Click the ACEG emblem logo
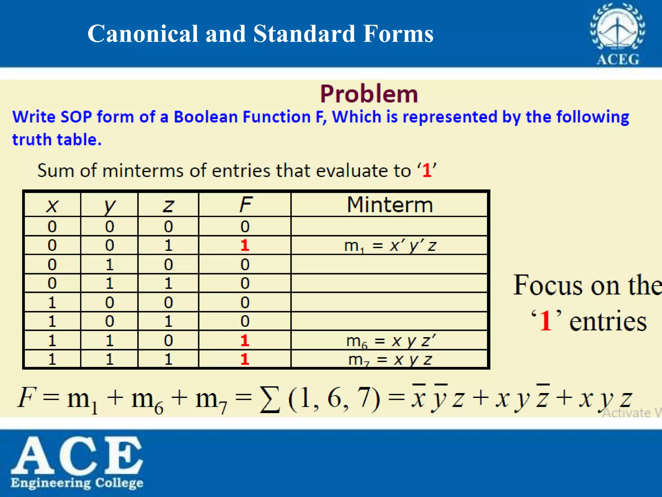(x=617, y=34)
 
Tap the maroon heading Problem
(x=369, y=94)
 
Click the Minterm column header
(x=390, y=204)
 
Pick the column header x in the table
(x=52, y=205)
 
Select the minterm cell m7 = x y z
(x=390, y=359)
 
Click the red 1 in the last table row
(x=245, y=359)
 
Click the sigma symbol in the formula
(x=270, y=399)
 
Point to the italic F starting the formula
(x=26, y=397)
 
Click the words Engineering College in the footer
(x=77, y=483)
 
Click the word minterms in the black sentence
(x=144, y=170)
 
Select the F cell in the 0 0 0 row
(x=245, y=226)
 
